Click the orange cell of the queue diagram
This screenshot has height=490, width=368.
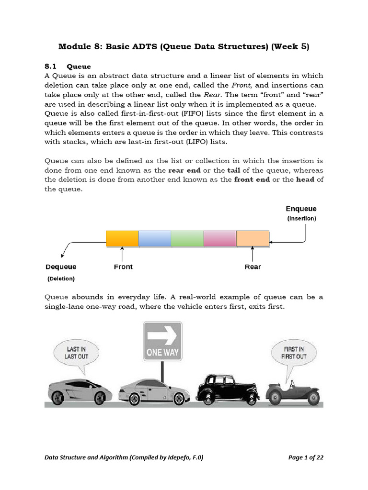pyautogui.click(x=122, y=238)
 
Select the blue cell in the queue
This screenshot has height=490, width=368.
pyautogui.click(x=155, y=238)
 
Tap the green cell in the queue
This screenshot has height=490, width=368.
pyautogui.click(x=187, y=238)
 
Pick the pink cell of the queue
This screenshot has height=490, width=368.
pyautogui.click(x=220, y=238)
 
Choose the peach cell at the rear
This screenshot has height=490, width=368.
pyautogui.click(x=253, y=238)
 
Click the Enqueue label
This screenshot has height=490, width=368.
pyautogui.click(x=301, y=209)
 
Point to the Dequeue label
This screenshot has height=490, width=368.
pyautogui.click(x=61, y=267)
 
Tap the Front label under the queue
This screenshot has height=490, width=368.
pyautogui.click(x=123, y=267)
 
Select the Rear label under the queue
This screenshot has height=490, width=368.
pyautogui.click(x=253, y=267)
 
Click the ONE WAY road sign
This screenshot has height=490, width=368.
pyautogui.click(x=162, y=341)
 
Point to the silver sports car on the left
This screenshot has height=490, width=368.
pyautogui.click(x=79, y=388)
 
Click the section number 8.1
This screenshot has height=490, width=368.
pyautogui.click(x=51, y=66)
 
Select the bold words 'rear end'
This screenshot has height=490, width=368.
pyautogui.click(x=184, y=170)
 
